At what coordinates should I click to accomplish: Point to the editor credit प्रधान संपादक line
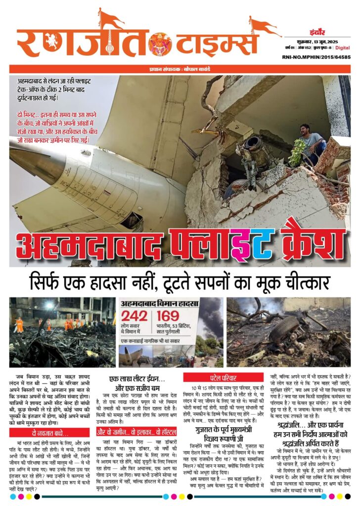tap(180, 69)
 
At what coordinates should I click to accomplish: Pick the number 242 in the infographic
tap(135, 317)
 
